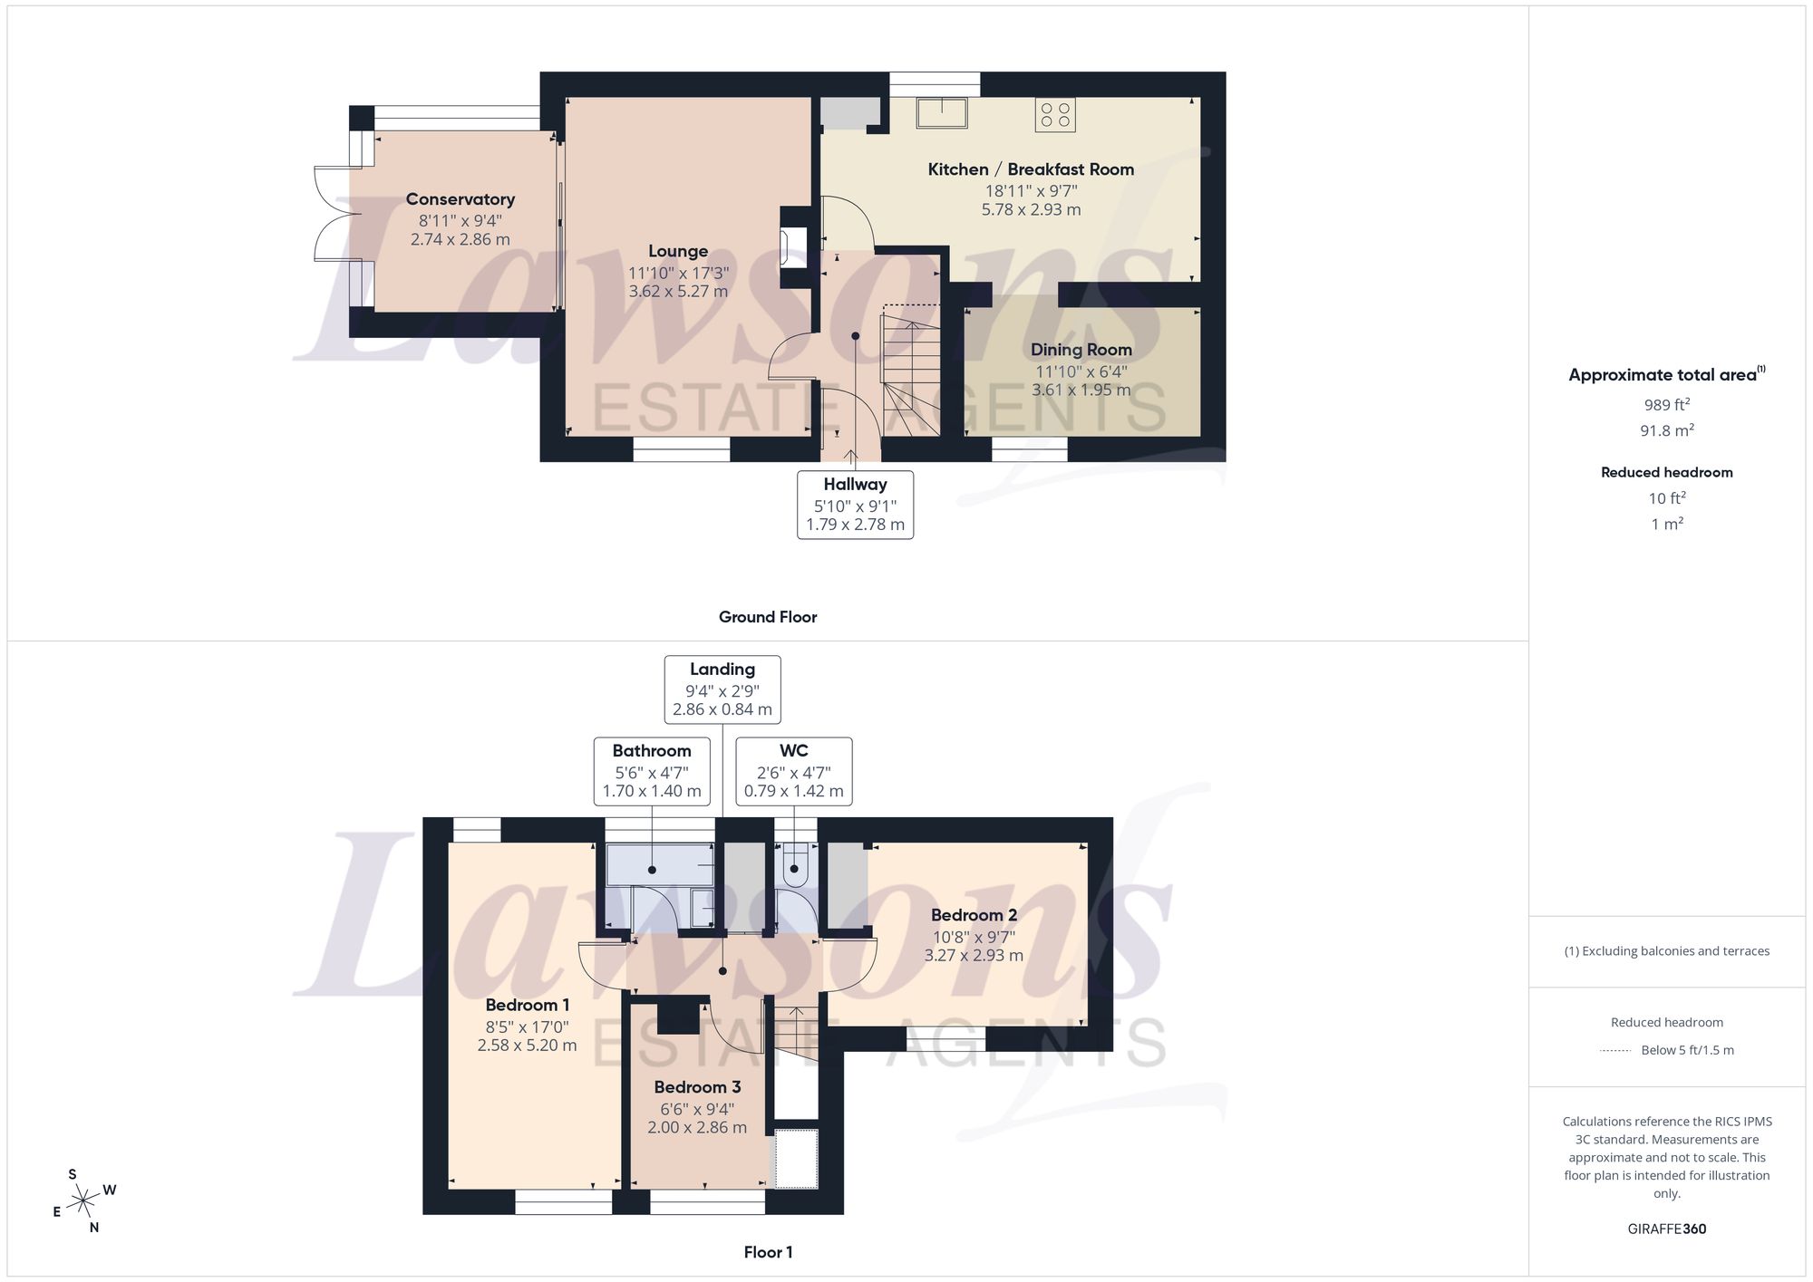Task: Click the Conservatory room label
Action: pos(461,199)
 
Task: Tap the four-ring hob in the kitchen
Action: pos(1056,115)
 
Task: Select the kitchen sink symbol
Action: pos(942,113)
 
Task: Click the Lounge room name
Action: pos(678,251)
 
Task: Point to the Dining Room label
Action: pos(1081,350)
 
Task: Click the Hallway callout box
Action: pos(855,505)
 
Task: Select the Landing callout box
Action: pos(722,689)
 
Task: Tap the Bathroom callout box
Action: pos(652,771)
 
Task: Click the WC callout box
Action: pos(794,771)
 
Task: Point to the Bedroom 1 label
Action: pos(528,1005)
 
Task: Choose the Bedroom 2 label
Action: pos(974,915)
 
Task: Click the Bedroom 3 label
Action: pos(697,1087)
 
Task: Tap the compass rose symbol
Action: pos(83,1201)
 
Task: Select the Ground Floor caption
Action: pos(768,617)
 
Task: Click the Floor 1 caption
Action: pos(768,1252)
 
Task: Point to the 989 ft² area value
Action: pos(1667,405)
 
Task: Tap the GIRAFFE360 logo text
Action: pos(1667,1229)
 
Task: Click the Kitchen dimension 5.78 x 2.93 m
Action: pos(1032,209)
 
